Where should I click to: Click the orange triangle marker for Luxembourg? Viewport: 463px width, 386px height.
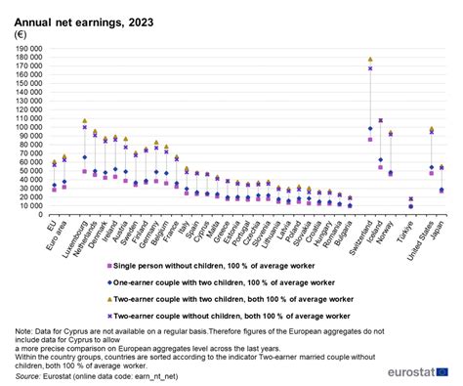pyautogui.click(x=85, y=121)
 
